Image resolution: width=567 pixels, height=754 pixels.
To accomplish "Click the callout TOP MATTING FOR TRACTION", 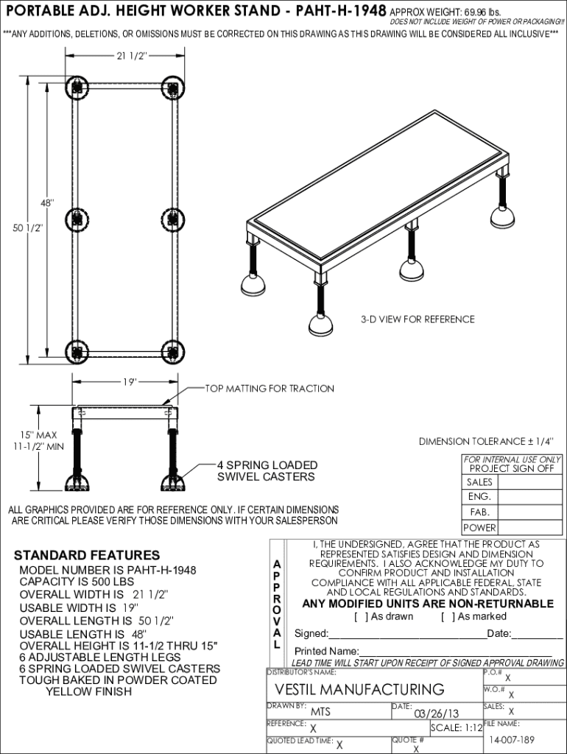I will click(x=270, y=389).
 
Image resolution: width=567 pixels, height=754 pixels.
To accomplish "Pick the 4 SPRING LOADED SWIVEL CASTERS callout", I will click(x=267, y=471).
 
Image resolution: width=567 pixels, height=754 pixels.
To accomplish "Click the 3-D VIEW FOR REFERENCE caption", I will click(x=418, y=319).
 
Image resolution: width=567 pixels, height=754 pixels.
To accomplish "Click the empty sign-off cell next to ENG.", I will click(x=529, y=497).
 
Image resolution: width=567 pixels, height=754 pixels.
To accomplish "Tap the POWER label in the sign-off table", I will click(x=479, y=528).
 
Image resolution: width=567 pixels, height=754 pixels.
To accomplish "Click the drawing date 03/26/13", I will click(x=437, y=713).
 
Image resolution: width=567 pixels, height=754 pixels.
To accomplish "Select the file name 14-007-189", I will click(x=512, y=739).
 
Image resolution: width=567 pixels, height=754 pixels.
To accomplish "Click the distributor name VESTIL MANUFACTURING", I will click(x=359, y=689).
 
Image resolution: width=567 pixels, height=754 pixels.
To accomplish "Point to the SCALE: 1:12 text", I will click(x=457, y=728).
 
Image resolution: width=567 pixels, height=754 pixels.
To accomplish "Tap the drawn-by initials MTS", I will click(x=320, y=712).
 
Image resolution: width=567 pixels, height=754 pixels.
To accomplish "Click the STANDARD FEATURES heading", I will click(x=87, y=555).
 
